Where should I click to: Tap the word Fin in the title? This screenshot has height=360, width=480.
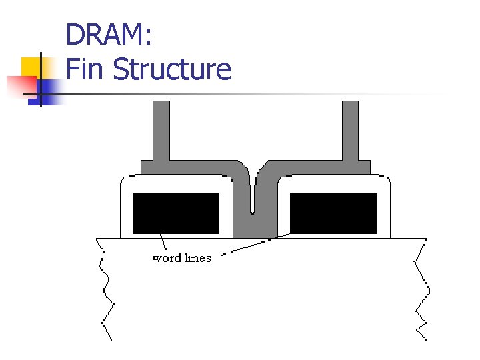(x=85, y=69)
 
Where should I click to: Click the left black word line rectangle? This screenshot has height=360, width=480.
(x=176, y=213)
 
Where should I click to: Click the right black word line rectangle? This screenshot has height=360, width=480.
(x=333, y=213)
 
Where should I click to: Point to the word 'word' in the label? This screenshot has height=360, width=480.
(x=167, y=258)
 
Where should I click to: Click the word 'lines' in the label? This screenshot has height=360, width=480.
(x=198, y=258)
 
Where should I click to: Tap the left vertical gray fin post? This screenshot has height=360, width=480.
(x=161, y=130)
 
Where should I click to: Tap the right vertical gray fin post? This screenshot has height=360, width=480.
(x=351, y=130)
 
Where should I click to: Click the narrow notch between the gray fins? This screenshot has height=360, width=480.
(x=253, y=200)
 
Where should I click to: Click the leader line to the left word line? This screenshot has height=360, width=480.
(x=163, y=242)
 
